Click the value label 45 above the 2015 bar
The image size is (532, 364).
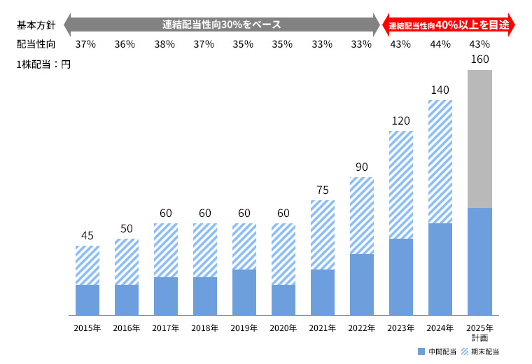pos(87,236)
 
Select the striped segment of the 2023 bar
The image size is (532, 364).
pos(401,185)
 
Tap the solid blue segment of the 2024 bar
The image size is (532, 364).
pos(440,269)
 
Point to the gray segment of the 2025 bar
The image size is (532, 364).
pos(479,139)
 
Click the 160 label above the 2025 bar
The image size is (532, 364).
pos(479,59)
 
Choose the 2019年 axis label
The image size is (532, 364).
pos(244,328)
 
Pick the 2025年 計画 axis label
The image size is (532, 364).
pos(479,332)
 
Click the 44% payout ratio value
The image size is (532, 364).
pos(440,44)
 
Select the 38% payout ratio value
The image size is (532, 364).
pos(165,44)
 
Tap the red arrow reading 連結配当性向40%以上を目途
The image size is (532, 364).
pos(448,25)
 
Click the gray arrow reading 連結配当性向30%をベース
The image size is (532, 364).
pos(221,25)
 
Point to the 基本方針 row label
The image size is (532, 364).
pos(32,25)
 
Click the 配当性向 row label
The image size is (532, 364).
pos(32,44)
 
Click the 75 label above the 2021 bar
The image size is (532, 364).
pos(323,190)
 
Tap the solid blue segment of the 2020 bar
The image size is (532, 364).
pos(283,300)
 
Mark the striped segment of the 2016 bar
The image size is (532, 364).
pos(127,262)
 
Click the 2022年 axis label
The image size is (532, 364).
pos(362,328)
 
